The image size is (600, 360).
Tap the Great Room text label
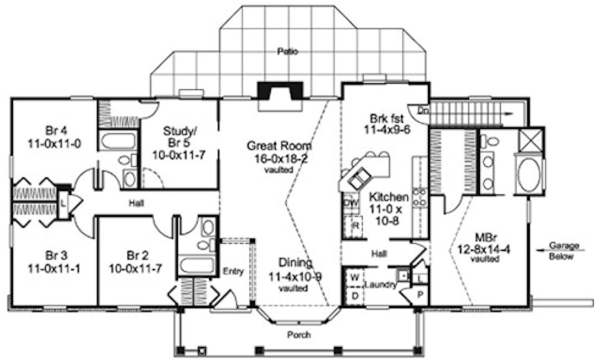coord(279,145)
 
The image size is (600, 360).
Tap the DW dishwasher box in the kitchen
coord(350,203)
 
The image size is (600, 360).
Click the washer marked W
coord(355,277)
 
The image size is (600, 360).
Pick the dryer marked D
coord(355,295)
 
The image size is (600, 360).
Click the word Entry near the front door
coord(234,271)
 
